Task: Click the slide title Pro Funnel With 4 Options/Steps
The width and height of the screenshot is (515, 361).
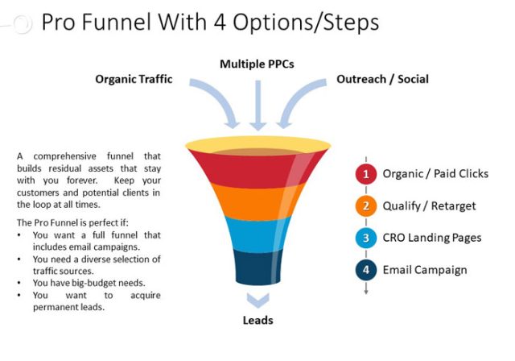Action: pos(210,22)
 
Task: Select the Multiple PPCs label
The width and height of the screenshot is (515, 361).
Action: pos(257,62)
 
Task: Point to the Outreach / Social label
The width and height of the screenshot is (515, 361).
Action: pos(382,79)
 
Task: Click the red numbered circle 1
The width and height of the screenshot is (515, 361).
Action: pos(365,173)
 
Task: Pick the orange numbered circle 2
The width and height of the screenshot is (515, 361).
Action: pos(365,205)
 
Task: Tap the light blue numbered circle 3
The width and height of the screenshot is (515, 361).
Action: pos(365,238)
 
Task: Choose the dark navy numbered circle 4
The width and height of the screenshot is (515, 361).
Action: pos(365,270)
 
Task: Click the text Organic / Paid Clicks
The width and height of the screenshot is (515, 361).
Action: pos(435,173)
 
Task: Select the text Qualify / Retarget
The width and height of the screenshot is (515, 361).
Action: pos(429,205)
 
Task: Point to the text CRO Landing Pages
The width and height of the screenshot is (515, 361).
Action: pos(432,238)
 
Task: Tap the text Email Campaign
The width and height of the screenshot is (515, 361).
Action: pos(425,270)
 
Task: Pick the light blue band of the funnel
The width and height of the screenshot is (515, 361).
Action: pos(257,232)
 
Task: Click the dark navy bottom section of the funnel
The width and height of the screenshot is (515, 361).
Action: pos(257,266)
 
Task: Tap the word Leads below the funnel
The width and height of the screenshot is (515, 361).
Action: pos(257,320)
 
